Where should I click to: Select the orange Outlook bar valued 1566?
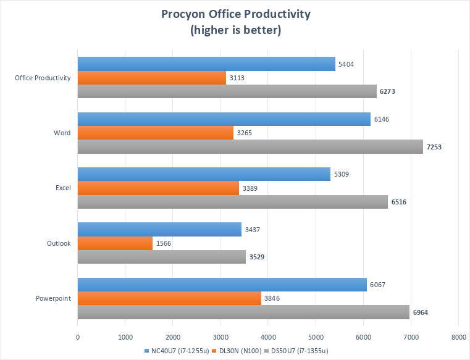(115, 243)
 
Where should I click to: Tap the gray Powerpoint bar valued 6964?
(243, 312)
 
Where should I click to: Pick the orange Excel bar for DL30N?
(158, 188)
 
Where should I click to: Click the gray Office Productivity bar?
(227, 91)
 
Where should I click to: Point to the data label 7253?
(435, 147)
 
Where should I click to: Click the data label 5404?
(345, 64)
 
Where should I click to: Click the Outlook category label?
(58, 243)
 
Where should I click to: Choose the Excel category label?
(62, 188)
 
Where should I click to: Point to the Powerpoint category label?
(54, 298)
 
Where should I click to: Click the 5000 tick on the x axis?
(316, 337)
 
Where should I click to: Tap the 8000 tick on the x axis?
(458, 337)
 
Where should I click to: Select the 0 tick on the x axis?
(78, 337)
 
